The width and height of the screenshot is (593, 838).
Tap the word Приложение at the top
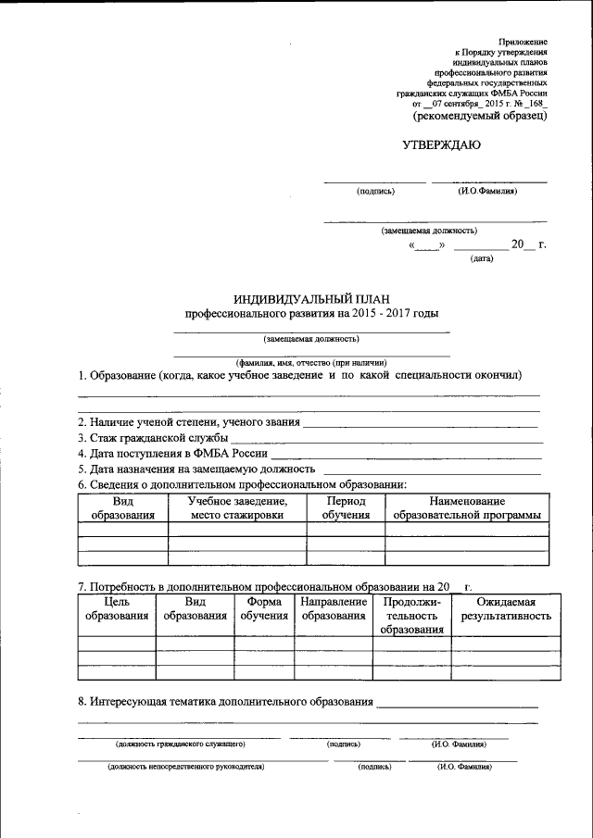(x=523, y=43)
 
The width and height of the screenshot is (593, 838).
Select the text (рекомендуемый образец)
(x=480, y=118)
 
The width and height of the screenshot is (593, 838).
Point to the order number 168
(x=536, y=105)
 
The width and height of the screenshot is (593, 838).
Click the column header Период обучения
(x=346, y=507)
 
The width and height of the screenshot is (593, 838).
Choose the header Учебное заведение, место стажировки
(x=236, y=507)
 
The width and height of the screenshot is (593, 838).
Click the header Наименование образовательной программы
(x=466, y=507)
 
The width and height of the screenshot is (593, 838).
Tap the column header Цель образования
(x=116, y=608)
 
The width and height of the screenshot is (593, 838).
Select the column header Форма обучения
(x=264, y=608)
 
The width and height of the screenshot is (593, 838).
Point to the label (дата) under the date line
(x=482, y=258)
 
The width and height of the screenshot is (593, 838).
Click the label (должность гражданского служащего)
(x=180, y=744)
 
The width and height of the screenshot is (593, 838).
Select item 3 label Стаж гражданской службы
(x=153, y=437)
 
